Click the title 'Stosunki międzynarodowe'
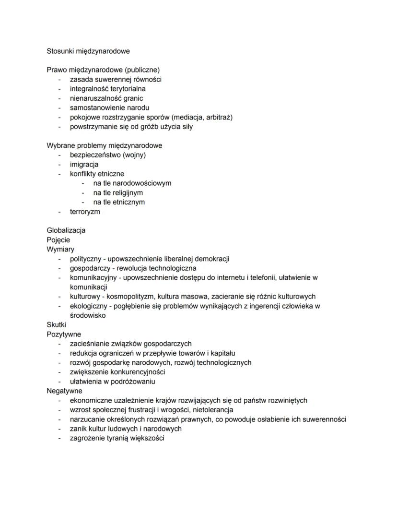pyautogui.click(x=88, y=51)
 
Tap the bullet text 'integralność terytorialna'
pyautogui.click(x=108, y=89)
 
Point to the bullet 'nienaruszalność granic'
pyautogui.click(x=106, y=98)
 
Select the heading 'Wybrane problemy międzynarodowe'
pyautogui.click(x=104, y=145)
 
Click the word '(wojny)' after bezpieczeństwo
pyautogui.click(x=134, y=155)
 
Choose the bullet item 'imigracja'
pyautogui.click(x=84, y=164)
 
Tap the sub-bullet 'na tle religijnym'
pyautogui.click(x=118, y=192)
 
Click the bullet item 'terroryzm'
pyautogui.click(x=85, y=211)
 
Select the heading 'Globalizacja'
pyautogui.click(x=66, y=230)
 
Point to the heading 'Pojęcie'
pyautogui.click(x=58, y=240)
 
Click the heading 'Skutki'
pyautogui.click(x=56, y=325)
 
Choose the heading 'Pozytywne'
pyautogui.click(x=64, y=334)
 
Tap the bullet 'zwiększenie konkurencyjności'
pyautogui.click(x=117, y=372)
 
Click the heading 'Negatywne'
pyautogui.click(x=64, y=391)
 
